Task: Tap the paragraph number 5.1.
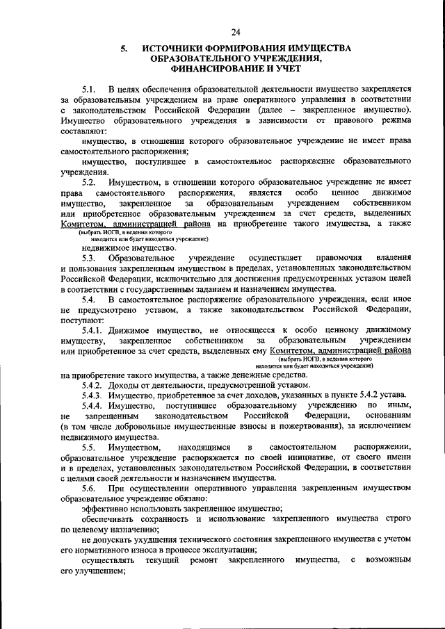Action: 90,90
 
